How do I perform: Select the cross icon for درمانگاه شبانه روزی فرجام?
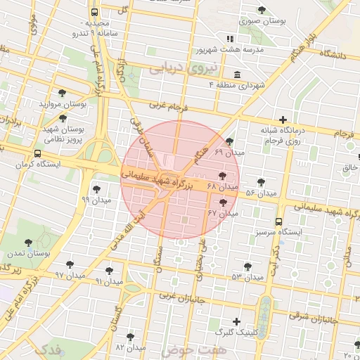pyautogui.click(x=283, y=120)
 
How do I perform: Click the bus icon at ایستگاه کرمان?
pyautogui.click(x=37, y=153)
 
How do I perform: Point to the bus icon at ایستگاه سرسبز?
pyautogui.click(x=279, y=221)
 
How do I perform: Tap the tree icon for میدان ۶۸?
pyautogui.click(x=223, y=176)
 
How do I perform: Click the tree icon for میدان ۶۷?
pyautogui.click(x=224, y=202)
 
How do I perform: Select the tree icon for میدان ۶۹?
pyautogui.click(x=230, y=141)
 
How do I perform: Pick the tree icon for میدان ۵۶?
pyautogui.click(x=261, y=182)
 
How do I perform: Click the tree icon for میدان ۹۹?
pyautogui.click(x=96, y=188)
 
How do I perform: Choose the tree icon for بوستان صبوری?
pyautogui.click(x=262, y=10)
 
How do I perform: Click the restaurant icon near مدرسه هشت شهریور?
pyautogui.click(x=229, y=39)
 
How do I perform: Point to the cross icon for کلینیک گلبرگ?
pyautogui.click(x=236, y=321)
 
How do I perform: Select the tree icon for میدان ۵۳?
pyautogui.click(x=247, y=266)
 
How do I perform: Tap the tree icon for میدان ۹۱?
pyautogui.click(x=109, y=271)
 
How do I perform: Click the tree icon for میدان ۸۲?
pyautogui.click(x=130, y=337)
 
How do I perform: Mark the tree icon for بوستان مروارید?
pyautogui.click(x=63, y=93)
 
